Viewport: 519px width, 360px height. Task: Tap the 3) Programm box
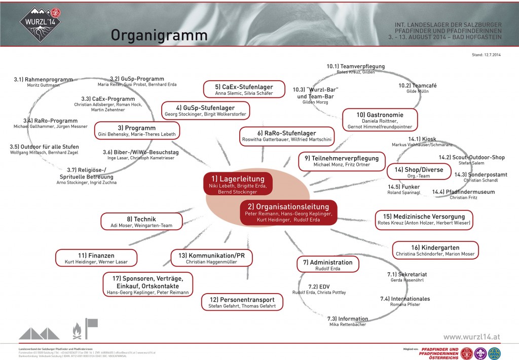tap(137, 130)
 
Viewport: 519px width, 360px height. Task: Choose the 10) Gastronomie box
tap(380, 119)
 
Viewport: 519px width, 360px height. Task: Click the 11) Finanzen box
tap(96, 258)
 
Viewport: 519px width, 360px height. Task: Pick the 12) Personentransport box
tap(242, 302)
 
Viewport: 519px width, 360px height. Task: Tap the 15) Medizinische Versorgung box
tap(424, 219)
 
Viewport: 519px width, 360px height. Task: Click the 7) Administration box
tap(327, 265)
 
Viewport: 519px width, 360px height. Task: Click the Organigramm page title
tap(159, 35)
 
